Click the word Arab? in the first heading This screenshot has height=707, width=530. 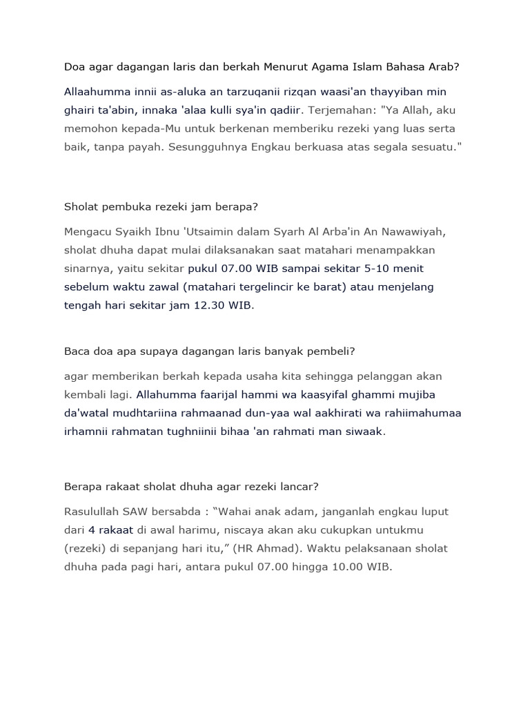coord(444,67)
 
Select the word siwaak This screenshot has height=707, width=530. coord(365,432)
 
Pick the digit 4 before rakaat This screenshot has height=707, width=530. coord(92,530)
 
